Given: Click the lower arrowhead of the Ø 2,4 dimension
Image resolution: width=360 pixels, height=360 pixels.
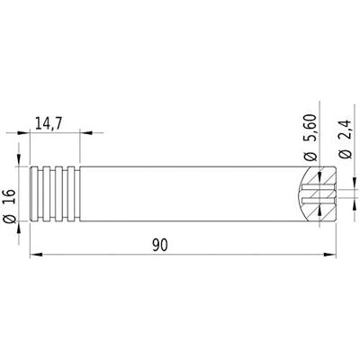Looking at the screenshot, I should point(344,203).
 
